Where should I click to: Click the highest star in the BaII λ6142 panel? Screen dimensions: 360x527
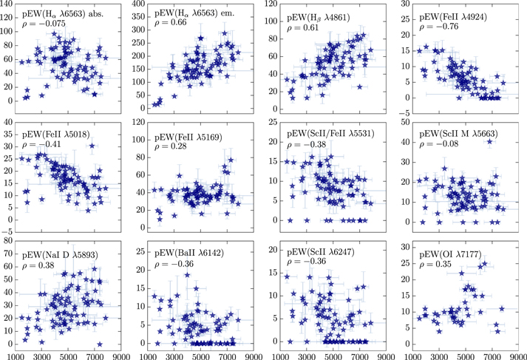[x=188, y=276]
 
